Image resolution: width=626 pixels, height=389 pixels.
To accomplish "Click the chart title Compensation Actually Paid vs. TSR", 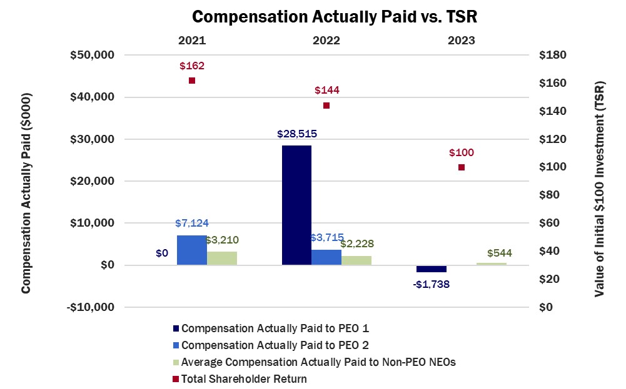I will [x=335, y=17].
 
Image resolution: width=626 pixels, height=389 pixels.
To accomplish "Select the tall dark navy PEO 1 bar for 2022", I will [x=296, y=205].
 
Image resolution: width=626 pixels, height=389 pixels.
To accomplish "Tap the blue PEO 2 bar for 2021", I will [x=192, y=250].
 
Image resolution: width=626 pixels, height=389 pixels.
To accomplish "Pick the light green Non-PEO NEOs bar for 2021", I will [x=222, y=258].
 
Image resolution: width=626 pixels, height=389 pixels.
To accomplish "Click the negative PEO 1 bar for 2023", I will [x=432, y=268].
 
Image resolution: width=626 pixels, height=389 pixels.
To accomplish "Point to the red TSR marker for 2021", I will [x=192, y=81].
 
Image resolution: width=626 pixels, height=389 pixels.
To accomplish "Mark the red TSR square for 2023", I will [x=462, y=167].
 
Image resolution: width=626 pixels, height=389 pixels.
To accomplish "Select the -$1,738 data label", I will [x=432, y=283].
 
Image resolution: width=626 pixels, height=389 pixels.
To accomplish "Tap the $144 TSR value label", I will [x=326, y=91].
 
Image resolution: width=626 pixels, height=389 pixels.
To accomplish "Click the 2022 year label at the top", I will [x=326, y=41].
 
